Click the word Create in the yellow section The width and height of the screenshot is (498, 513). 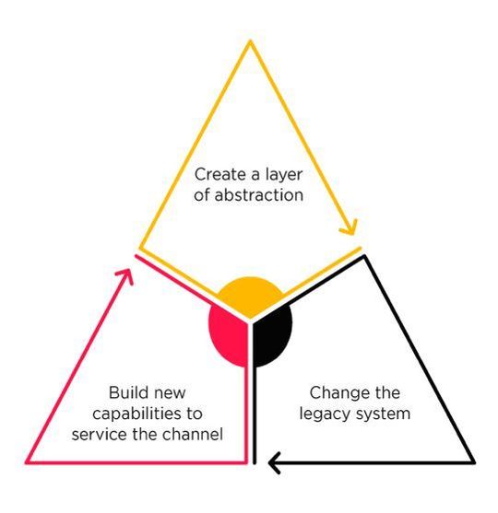click(219, 174)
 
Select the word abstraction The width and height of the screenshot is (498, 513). click(259, 195)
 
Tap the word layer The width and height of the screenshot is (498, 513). click(284, 175)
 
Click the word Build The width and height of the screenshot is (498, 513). click(128, 392)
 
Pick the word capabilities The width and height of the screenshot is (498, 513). click(136, 414)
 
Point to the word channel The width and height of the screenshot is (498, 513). click(193, 434)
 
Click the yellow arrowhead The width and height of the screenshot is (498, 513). click(350, 228)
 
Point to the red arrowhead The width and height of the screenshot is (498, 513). click(125, 276)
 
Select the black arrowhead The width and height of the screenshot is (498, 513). click(275, 462)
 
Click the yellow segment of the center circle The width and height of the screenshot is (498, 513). click(250, 295)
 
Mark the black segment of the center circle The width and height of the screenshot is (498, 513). click(272, 335)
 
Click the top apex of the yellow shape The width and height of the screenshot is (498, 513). click(250, 41)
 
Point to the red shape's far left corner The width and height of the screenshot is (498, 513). click(27, 462)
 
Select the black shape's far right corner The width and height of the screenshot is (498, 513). click(474, 462)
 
